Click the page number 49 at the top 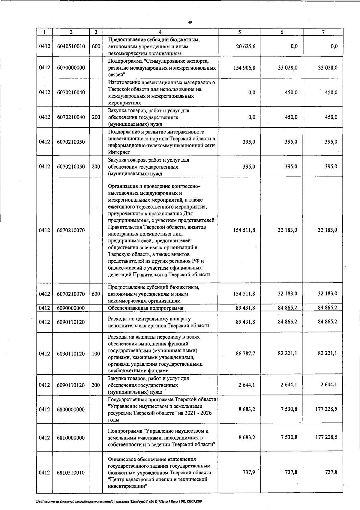coord(190,22)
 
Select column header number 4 coord(160,32)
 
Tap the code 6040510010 coord(71,46)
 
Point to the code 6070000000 coord(71,68)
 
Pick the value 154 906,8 coord(244,68)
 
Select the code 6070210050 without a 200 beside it coord(71,142)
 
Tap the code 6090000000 coord(71,308)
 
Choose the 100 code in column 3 coord(96,354)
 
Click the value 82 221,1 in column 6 coord(287,353)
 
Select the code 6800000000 coord(71,409)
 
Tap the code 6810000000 coord(71,438)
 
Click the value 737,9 coord(249,472)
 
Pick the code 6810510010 coord(71,473)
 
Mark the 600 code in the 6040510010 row coord(96,46)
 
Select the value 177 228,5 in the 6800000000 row coord(326,409)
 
